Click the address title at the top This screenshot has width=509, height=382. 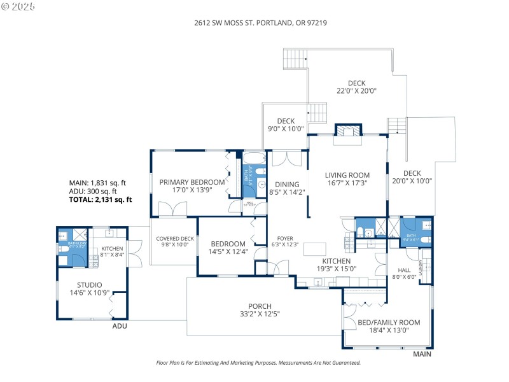click(260, 22)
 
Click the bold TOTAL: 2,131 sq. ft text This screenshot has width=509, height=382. click(100, 199)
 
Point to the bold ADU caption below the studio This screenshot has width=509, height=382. click(120, 326)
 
